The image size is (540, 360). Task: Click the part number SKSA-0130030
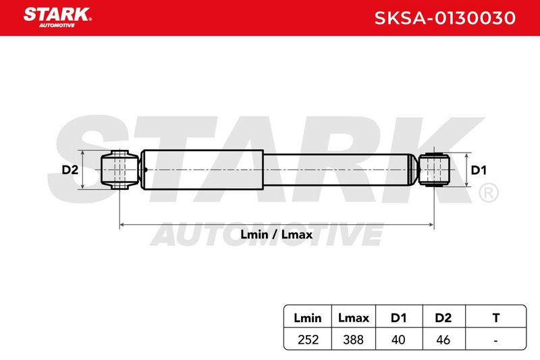pos(445,18)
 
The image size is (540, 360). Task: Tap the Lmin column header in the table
pos(308,317)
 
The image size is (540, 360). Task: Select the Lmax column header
pos(353,317)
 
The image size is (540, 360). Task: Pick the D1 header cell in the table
pos(398,317)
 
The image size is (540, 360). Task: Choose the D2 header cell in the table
pos(443,317)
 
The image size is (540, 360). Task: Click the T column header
pos(496,317)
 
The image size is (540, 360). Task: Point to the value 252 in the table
pos(308,340)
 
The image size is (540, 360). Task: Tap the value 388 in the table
pos(353,340)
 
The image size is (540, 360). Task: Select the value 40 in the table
pos(398,340)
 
